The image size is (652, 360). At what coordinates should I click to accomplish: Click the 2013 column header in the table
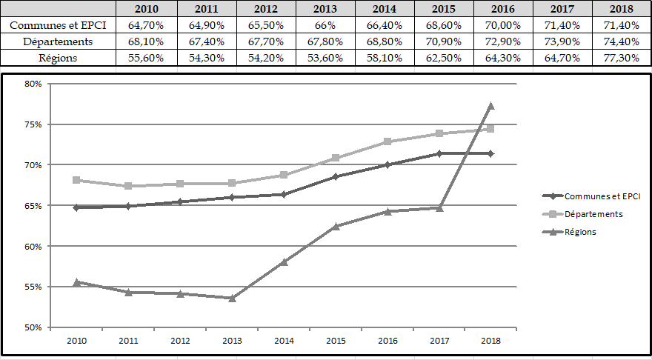[x=325, y=9]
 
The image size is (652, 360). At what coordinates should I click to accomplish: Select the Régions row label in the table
[x=58, y=58]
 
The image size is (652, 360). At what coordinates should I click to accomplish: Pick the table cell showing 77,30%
[x=622, y=58]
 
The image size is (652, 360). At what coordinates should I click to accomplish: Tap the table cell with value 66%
[x=325, y=25]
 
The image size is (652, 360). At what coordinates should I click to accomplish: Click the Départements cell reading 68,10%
[x=146, y=41]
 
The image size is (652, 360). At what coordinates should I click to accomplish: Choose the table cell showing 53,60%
[x=325, y=58]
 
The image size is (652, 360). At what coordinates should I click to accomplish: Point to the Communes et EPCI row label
[x=58, y=25]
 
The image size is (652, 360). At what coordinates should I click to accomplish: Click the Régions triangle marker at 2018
[x=490, y=106]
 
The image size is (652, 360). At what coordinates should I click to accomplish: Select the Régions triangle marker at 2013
[x=232, y=298]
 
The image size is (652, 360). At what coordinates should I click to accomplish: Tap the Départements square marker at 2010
[x=76, y=180]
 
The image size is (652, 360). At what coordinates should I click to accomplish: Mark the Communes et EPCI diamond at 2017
[x=439, y=153]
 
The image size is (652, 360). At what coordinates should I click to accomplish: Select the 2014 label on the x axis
[x=284, y=341]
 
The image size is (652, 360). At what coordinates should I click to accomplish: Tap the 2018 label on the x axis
[x=490, y=341]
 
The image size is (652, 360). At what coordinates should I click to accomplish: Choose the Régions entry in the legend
[x=580, y=232]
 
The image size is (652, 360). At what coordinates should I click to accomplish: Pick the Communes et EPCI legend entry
[x=600, y=196]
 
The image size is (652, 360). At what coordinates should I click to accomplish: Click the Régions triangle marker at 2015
[x=336, y=226]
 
